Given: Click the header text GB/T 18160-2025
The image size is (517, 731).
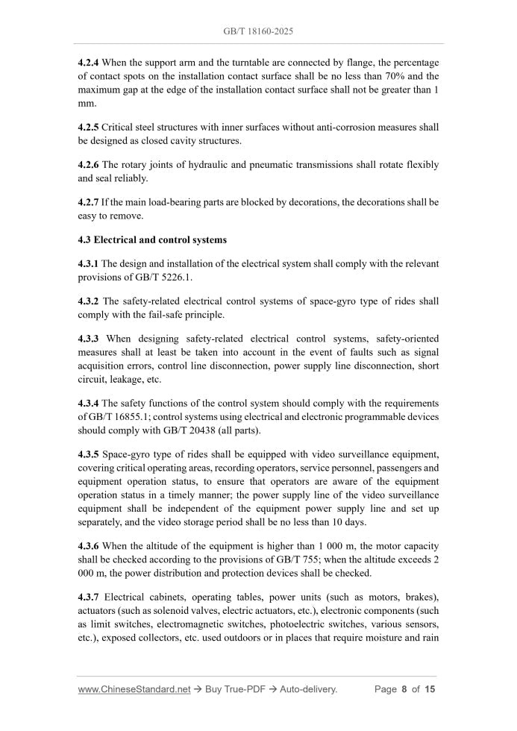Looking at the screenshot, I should tap(258, 32).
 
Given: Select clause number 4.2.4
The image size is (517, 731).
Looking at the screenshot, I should tap(88, 62).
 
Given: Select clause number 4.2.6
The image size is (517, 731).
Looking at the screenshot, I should tap(88, 165).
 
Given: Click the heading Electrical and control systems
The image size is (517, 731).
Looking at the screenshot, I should tap(160, 240).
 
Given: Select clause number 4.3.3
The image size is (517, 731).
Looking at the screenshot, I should tap(88, 339).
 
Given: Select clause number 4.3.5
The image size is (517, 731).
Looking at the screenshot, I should tap(88, 454).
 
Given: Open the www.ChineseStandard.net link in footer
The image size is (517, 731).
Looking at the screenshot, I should tap(134, 689).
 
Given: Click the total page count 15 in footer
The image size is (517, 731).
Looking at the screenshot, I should tap(430, 689).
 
